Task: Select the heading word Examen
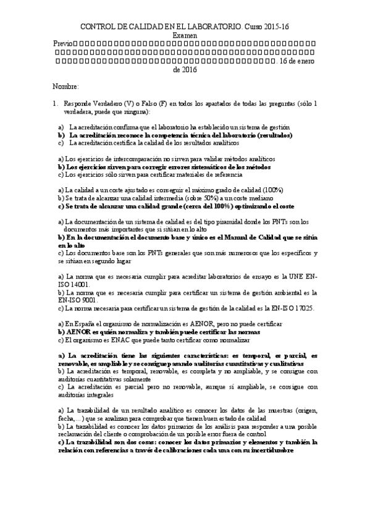point(185,36)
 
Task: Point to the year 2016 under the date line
point(189,70)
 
